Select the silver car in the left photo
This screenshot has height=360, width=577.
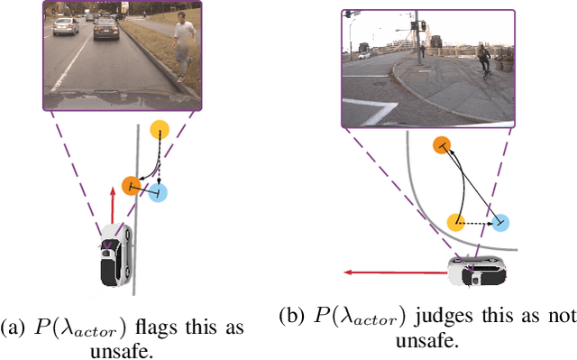pyautogui.click(x=67, y=26)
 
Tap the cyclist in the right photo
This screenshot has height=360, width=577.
pyautogui.click(x=485, y=60)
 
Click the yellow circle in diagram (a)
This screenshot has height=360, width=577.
pyautogui.click(x=160, y=129)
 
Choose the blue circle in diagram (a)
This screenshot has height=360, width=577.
pyautogui.click(x=158, y=192)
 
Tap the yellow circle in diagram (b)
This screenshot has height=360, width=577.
pyautogui.click(x=456, y=221)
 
